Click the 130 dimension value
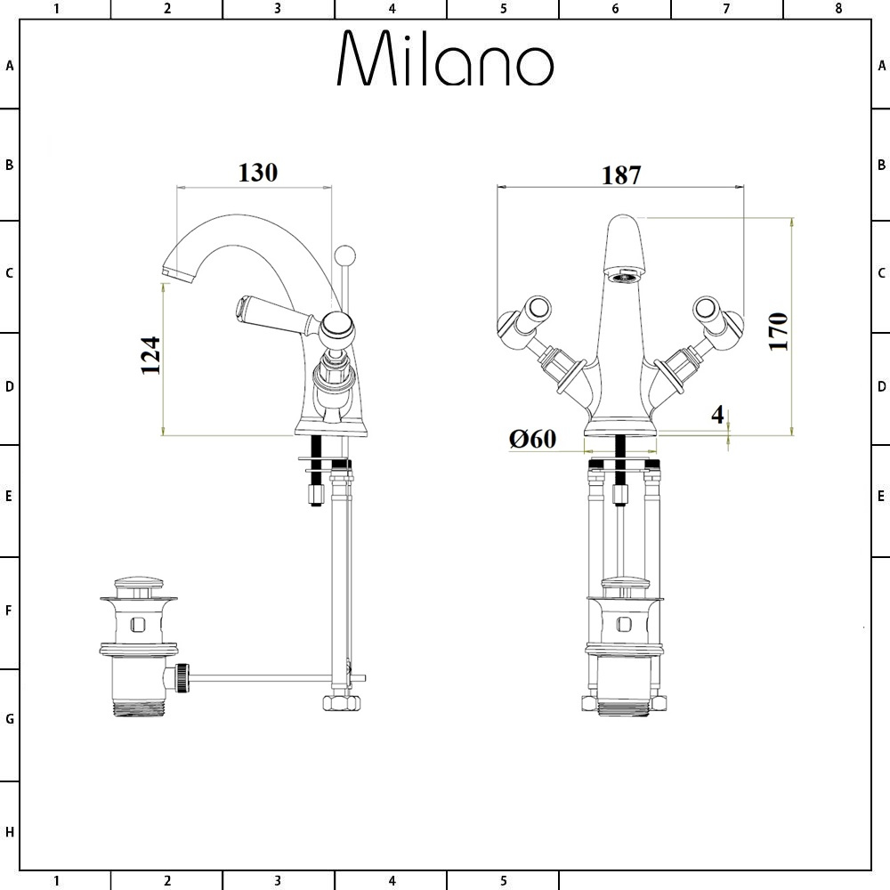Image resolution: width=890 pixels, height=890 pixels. [257, 172]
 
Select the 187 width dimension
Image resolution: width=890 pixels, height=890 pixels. [620, 174]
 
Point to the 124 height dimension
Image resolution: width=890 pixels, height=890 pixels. [150, 355]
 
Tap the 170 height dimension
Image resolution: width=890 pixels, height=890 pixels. [779, 331]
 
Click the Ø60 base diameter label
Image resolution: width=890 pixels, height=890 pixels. [532, 438]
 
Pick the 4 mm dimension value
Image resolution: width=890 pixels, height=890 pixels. [717, 415]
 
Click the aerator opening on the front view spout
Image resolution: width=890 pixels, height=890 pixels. [623, 275]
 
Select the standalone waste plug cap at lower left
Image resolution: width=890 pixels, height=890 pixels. [138, 588]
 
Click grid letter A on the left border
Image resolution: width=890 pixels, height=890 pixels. [10, 65]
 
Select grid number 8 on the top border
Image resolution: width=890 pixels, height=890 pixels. [837, 9]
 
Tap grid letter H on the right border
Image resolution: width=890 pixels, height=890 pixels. [881, 832]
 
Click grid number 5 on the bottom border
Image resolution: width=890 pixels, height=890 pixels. [503, 881]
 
